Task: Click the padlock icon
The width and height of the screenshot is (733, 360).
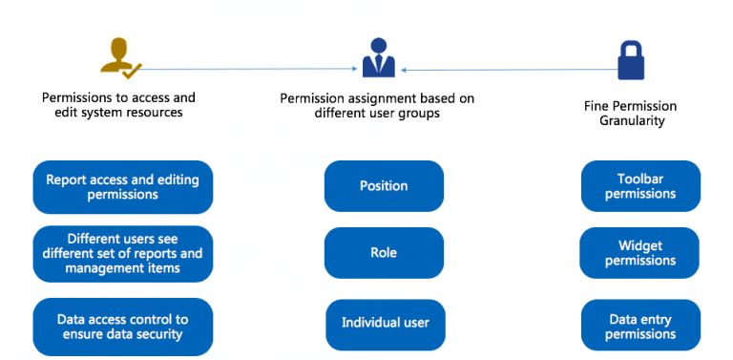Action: (631, 59)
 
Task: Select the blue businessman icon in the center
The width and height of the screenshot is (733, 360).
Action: (378, 59)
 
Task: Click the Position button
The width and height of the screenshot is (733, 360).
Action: (384, 186)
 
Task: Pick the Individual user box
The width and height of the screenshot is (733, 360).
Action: (386, 323)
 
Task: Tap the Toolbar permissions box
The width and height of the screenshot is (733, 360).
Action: (640, 186)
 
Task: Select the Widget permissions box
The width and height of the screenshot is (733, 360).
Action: (639, 253)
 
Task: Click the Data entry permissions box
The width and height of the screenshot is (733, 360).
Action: (640, 326)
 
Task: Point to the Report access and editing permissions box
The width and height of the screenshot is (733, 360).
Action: (122, 186)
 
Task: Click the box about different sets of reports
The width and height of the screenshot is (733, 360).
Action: (122, 254)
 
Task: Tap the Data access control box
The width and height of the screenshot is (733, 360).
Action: (122, 327)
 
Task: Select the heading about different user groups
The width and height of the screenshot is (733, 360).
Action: (377, 105)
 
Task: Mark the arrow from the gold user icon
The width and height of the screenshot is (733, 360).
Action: (248, 68)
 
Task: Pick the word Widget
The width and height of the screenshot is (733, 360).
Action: (639, 245)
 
